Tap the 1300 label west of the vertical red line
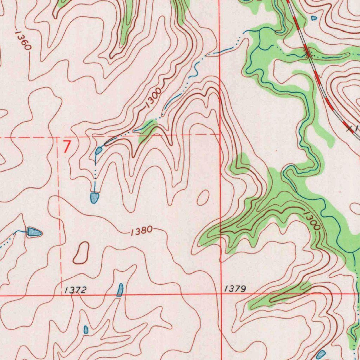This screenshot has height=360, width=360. [154, 97]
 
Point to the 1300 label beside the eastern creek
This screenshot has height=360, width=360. [311, 221]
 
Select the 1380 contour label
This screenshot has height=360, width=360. [141, 231]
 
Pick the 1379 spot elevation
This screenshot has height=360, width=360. [235, 289]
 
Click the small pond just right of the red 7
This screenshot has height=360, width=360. [98, 151]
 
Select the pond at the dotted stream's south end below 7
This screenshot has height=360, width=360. [94, 198]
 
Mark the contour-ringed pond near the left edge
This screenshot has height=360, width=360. [34, 232]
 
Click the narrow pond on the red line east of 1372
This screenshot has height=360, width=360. [120, 290]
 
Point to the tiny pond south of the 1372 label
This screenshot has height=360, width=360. [86, 329]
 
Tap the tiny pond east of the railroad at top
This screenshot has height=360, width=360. [314, 18]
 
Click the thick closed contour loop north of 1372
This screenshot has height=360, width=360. [81, 253]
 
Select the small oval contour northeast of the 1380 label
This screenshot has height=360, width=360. [203, 198]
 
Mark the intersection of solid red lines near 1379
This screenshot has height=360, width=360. [220, 294]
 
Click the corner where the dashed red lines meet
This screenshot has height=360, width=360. [58, 137]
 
